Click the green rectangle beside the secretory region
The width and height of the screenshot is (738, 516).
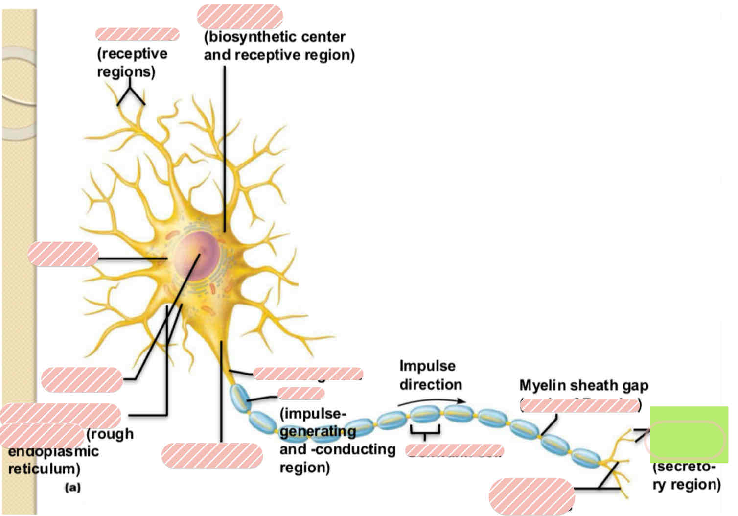pyautogui.click(x=689, y=434)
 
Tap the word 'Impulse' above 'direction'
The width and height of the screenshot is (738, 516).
pyautogui.click(x=427, y=366)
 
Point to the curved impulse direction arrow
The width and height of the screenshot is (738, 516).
pyautogui.click(x=431, y=401)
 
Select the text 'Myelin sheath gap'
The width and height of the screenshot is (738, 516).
pyautogui.click(x=584, y=386)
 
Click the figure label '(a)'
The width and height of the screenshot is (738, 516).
pyautogui.click(x=72, y=487)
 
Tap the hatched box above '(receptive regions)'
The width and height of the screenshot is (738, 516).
pyautogui.click(x=138, y=34)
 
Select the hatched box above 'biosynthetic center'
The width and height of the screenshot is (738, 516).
pyautogui.click(x=240, y=16)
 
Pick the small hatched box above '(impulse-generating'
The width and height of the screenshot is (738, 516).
pyautogui.click(x=300, y=393)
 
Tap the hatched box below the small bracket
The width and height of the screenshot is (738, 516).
pyautogui.click(x=455, y=450)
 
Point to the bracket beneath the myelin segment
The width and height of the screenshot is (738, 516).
pyautogui.click(x=425, y=431)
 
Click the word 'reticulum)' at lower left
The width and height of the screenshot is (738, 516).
pyautogui.click(x=44, y=469)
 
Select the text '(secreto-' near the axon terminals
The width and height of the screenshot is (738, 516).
pyautogui.click(x=684, y=467)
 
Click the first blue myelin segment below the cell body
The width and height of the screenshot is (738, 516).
pyautogui.click(x=240, y=397)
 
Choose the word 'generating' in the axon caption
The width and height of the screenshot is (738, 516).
pyautogui.click(x=318, y=431)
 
